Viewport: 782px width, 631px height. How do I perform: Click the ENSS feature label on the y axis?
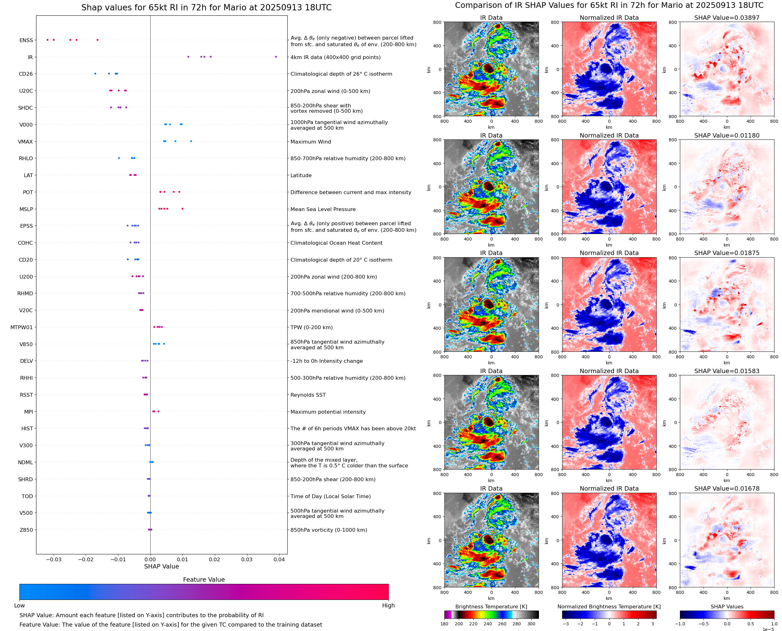26,40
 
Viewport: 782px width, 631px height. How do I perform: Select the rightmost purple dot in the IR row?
276,57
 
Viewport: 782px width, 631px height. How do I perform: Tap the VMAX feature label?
25,142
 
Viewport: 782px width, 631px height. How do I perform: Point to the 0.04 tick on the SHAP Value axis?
279,559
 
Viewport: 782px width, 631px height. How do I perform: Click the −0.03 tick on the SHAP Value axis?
53,559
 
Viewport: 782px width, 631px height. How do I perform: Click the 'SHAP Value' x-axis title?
161,566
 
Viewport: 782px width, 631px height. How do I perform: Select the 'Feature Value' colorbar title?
204,579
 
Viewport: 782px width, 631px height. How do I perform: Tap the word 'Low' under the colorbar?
19,606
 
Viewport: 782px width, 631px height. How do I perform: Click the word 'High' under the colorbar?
388,606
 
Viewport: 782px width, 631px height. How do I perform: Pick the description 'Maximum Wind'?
311,142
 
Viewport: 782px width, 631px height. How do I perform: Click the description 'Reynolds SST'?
308,395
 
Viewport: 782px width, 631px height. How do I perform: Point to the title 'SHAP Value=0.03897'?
727,18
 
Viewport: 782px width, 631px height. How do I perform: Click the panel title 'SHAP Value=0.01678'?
727,488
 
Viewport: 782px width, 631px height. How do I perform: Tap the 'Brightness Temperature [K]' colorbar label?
491,607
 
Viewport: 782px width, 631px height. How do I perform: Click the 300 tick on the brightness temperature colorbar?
531,624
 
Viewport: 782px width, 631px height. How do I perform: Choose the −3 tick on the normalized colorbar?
566,624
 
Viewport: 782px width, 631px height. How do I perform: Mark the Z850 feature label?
26,530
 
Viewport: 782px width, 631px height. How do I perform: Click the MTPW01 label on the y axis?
21,328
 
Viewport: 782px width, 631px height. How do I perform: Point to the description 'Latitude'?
301,176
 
